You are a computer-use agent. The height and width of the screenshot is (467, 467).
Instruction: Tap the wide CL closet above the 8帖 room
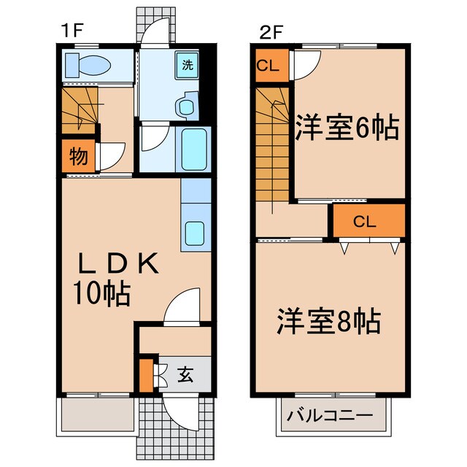coord(368,222)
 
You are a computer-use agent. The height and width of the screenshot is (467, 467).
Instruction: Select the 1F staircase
coord(78,109)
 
